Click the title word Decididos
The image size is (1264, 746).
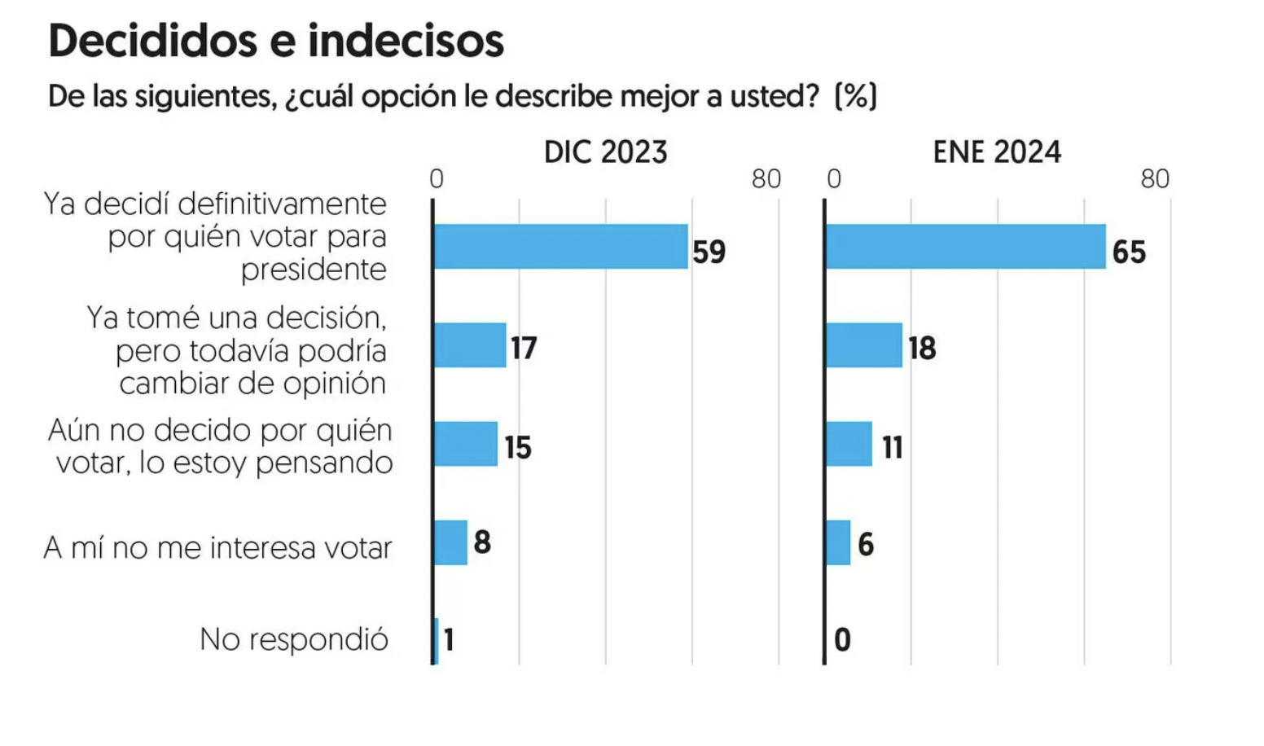pos(153,42)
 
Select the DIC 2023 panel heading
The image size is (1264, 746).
pos(605,152)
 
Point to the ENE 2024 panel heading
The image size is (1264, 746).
pos(997,152)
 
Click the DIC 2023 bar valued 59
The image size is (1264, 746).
pos(561,247)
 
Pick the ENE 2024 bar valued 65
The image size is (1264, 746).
pos(966,247)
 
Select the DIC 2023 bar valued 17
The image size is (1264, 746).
pos(470,345)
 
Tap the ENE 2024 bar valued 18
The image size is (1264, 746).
pos(864,345)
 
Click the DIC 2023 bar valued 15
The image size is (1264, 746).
pos(466,444)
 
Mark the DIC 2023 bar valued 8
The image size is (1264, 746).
pos(450,543)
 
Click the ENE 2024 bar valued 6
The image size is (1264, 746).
pos(838,543)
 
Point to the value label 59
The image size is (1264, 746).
pos(709,252)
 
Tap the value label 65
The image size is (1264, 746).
pos(1129,252)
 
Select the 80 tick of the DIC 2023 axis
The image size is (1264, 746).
pos(766,179)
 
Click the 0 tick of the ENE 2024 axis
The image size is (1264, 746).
pos(834,179)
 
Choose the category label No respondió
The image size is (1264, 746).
pos(294,640)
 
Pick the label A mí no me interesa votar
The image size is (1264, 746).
pos(217,547)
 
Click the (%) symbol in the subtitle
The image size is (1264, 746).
pos(856,96)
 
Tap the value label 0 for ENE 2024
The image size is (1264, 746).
pos(842,640)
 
